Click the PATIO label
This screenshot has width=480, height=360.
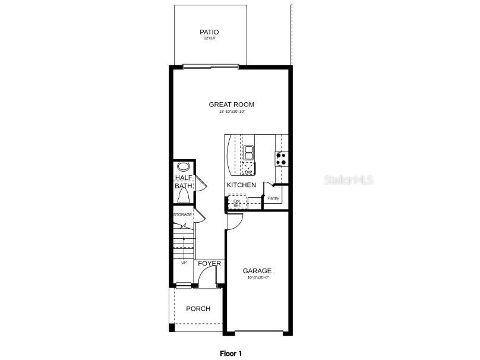209,32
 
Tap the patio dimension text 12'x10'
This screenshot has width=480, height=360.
209,39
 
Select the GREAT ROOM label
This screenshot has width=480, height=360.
232,105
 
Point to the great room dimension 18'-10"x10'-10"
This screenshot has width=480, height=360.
232,111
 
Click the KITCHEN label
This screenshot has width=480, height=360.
241,185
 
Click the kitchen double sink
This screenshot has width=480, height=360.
248,153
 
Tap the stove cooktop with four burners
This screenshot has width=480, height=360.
282,159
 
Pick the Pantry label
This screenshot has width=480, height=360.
273,198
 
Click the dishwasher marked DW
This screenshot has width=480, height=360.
248,170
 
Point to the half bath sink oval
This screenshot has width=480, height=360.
183,166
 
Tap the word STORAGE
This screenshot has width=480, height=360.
183,214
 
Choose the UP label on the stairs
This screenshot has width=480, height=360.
184,262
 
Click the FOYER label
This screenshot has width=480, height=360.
209,263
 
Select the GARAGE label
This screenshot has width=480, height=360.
257,271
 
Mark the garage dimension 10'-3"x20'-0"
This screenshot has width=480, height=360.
257,277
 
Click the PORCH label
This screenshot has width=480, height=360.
198,309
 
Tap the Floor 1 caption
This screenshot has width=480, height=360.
231,353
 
